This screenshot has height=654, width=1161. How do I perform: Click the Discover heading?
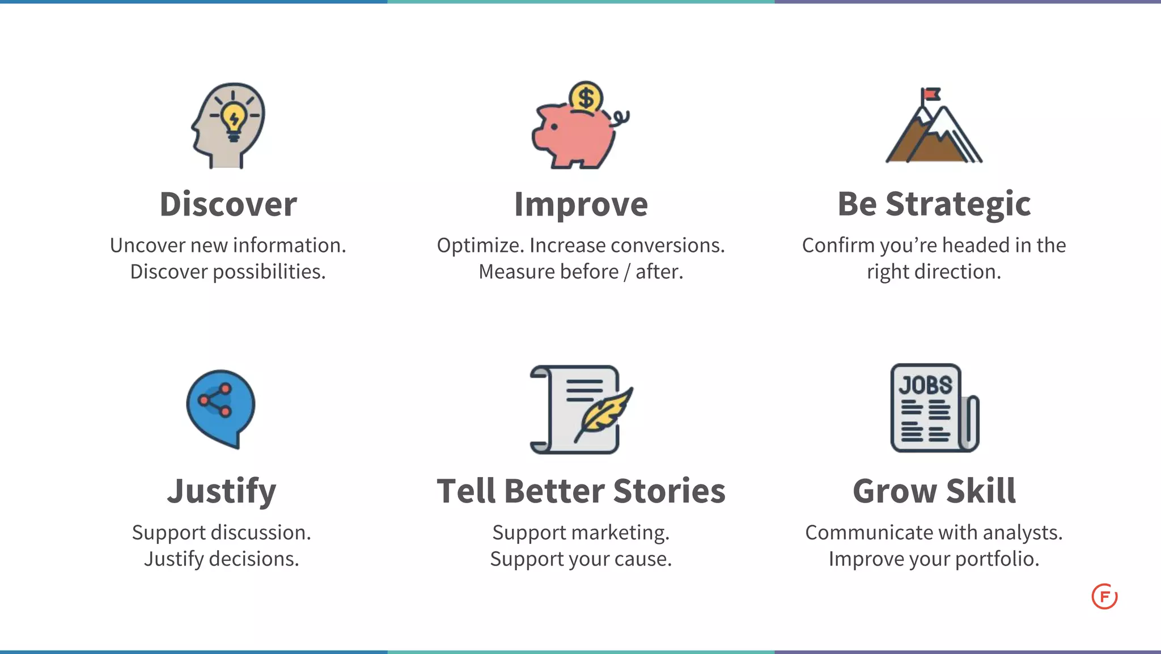(x=228, y=204)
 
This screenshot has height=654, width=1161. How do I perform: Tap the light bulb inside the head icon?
(x=233, y=120)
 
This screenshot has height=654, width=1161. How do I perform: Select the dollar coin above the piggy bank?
(x=586, y=98)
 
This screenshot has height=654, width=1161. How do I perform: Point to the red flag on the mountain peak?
(x=931, y=94)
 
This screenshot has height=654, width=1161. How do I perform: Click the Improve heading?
(x=580, y=204)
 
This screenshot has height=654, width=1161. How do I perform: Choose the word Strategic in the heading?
(x=957, y=204)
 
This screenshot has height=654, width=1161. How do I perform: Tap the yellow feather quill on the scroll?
(x=604, y=413)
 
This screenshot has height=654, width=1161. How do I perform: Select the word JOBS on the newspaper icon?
(x=925, y=386)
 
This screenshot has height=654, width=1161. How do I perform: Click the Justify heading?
(x=222, y=491)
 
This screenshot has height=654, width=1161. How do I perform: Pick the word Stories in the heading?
(x=669, y=491)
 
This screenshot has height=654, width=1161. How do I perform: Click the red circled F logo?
(x=1104, y=597)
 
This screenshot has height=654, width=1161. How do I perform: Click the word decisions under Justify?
(x=253, y=559)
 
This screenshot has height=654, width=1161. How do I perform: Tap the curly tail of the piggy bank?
(x=621, y=118)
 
